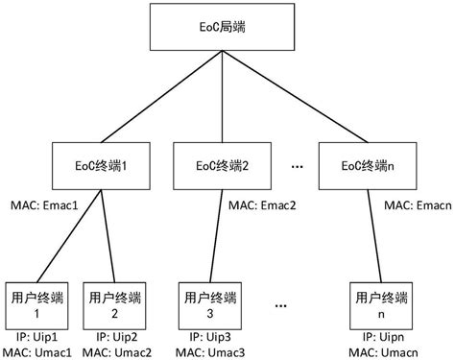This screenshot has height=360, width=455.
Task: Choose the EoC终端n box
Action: pyautogui.click(x=360, y=165)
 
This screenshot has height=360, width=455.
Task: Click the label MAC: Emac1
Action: pyautogui.click(x=44, y=204)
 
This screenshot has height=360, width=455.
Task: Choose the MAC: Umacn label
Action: pyautogui.click(x=384, y=352)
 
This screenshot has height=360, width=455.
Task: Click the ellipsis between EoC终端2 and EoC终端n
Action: pyautogui.click(x=297, y=165)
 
